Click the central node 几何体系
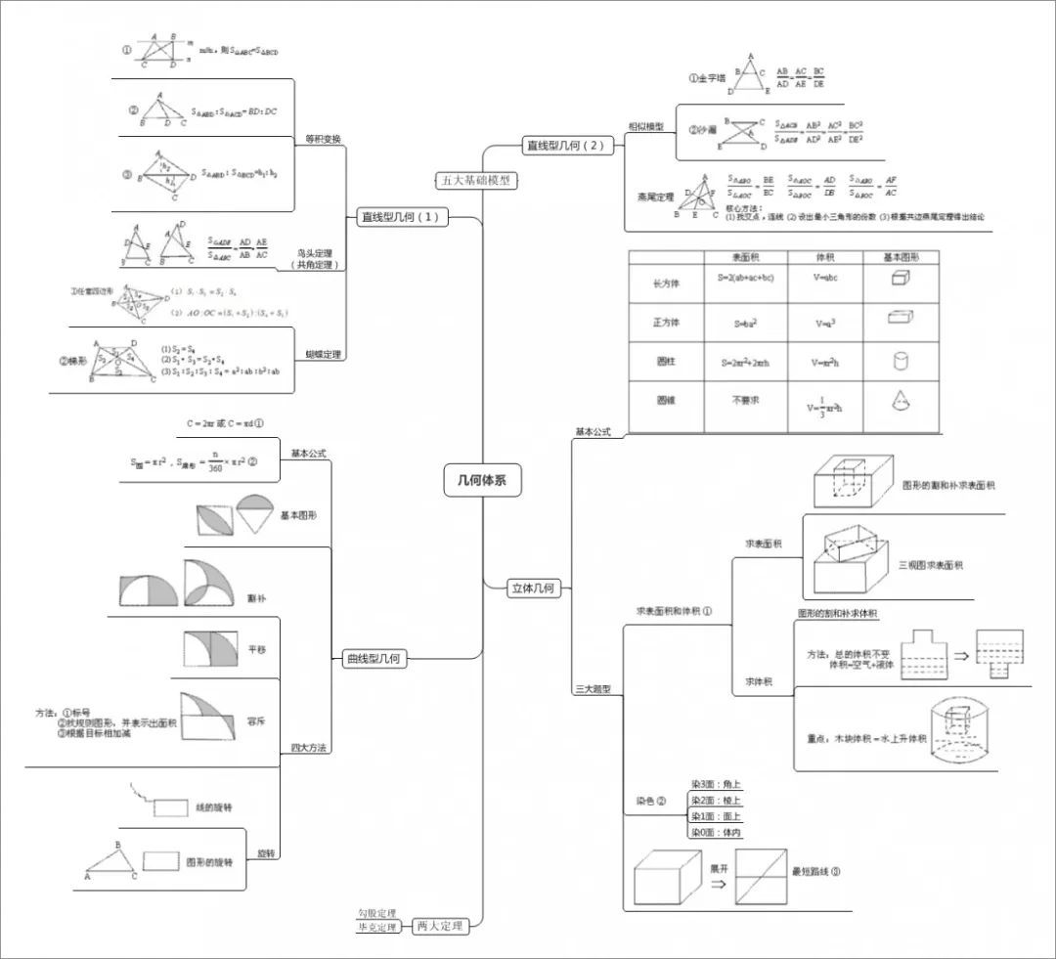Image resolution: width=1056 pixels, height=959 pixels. coord(482,480)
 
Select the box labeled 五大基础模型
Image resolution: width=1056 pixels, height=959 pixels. coord(475,180)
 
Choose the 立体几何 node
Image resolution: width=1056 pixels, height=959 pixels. coord(533,588)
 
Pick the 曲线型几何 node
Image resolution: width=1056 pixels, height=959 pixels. coord(374,659)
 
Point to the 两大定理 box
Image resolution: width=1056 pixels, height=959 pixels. coord(438,925)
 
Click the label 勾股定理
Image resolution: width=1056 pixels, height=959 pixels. coord(376,913)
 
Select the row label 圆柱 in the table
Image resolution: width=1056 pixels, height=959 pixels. coord(665,362)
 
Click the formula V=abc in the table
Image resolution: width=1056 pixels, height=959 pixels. coord(825,277)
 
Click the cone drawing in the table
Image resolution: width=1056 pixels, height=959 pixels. coord(901,401)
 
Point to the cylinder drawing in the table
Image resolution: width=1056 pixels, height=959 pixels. coord(901,361)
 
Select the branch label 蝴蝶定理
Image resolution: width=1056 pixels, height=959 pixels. coord(325,355)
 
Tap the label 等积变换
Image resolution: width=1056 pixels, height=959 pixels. coord(323,139)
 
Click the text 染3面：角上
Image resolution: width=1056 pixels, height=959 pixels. coord(716,784)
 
